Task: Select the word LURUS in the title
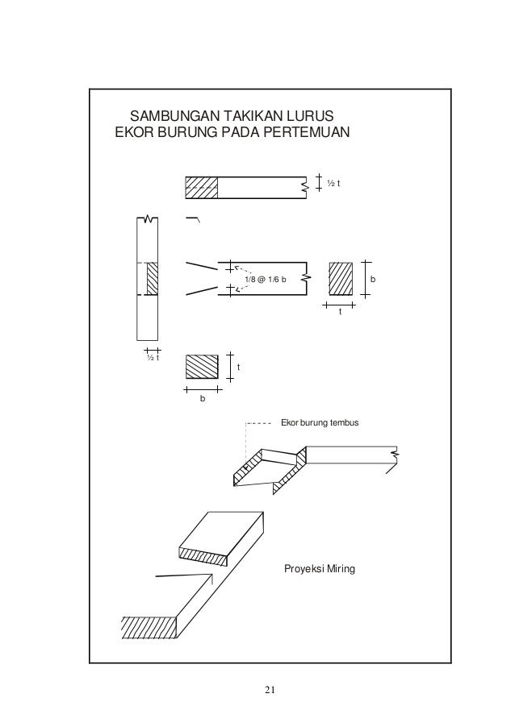[x=303, y=115]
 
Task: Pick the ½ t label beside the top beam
[x=333, y=184]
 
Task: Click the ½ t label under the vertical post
[x=152, y=359]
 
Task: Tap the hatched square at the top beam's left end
[x=202, y=187]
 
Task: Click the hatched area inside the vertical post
[x=152, y=280]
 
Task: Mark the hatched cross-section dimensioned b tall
[x=341, y=280]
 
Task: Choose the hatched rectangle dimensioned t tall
[x=202, y=367]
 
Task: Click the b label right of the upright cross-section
[x=373, y=280]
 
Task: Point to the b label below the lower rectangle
[x=203, y=397]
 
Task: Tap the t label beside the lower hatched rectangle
[x=239, y=368]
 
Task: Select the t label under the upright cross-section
[x=340, y=312]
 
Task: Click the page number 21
[x=270, y=688]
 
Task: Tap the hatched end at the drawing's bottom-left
[x=149, y=626]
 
